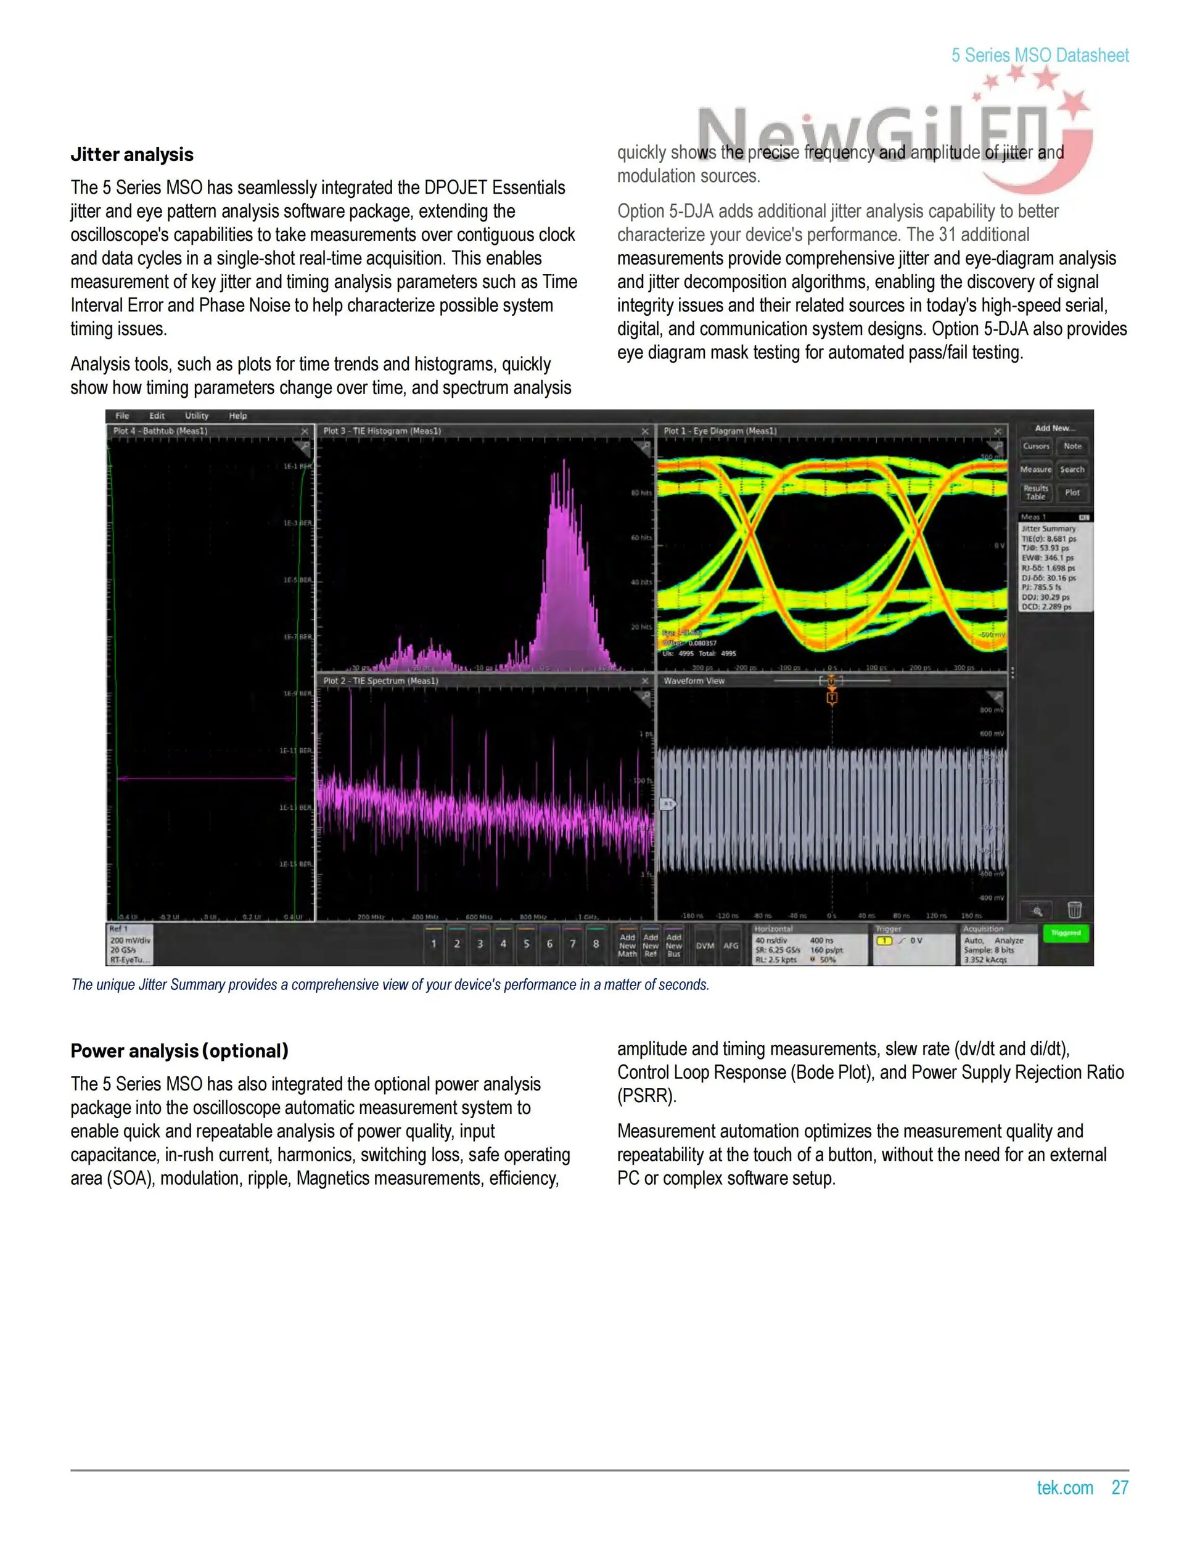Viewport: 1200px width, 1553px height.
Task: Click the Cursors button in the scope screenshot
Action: pyautogui.click(x=1036, y=447)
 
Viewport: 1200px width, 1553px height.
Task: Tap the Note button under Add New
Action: pyautogui.click(x=1072, y=447)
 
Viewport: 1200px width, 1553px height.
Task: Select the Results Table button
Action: pyautogui.click(x=1036, y=492)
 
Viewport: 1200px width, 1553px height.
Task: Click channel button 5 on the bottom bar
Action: pyautogui.click(x=526, y=944)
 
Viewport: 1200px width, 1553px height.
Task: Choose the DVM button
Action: pyautogui.click(x=704, y=945)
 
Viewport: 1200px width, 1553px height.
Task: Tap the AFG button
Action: pyautogui.click(x=731, y=945)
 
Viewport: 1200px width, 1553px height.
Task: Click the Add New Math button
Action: pyautogui.click(x=627, y=945)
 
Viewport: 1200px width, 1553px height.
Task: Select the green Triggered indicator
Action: pyautogui.click(x=1066, y=933)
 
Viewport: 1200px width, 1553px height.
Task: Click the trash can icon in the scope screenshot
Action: pyautogui.click(x=1074, y=910)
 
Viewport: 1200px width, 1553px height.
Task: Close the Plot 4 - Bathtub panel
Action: pyautogui.click(x=305, y=432)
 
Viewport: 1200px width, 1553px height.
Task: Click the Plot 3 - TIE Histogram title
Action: pyautogui.click(x=382, y=431)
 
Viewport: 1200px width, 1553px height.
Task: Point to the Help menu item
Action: pyautogui.click(x=237, y=416)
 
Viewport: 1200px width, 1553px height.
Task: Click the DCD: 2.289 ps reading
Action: pyautogui.click(x=1046, y=608)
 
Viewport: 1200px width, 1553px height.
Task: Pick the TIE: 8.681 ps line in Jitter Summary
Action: pyautogui.click(x=1048, y=539)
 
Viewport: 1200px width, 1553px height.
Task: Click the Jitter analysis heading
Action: pyautogui.click(x=131, y=154)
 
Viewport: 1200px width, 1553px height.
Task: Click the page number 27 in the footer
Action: pyautogui.click(x=1120, y=1488)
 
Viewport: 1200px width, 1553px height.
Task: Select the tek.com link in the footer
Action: pyautogui.click(x=1064, y=1488)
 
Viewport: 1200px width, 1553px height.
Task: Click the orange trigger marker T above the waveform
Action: pyautogui.click(x=832, y=698)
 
